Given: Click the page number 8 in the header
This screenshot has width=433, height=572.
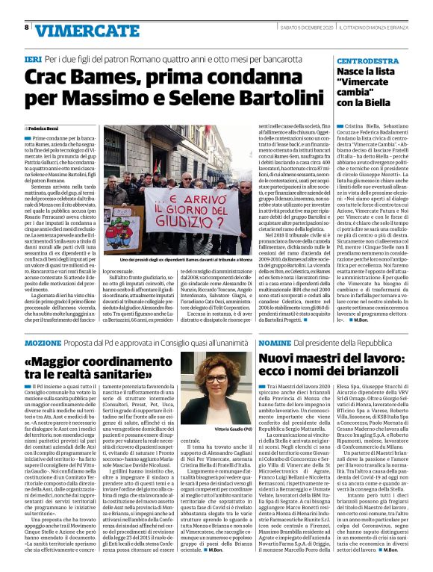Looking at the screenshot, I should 27,27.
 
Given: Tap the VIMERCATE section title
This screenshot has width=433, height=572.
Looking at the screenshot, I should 81,30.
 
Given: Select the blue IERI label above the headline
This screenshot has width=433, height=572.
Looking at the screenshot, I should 34,57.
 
